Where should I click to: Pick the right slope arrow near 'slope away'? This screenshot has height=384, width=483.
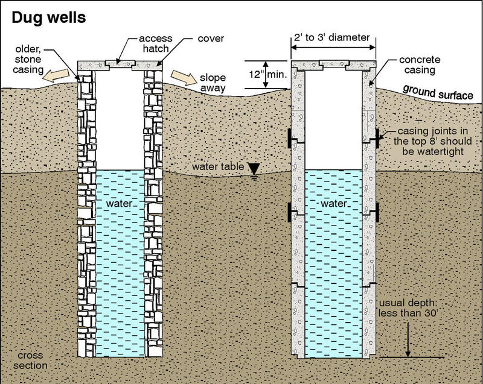coord(183,78)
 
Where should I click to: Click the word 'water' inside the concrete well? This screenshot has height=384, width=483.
coord(333,204)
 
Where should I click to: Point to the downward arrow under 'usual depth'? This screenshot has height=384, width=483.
coord(408,338)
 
